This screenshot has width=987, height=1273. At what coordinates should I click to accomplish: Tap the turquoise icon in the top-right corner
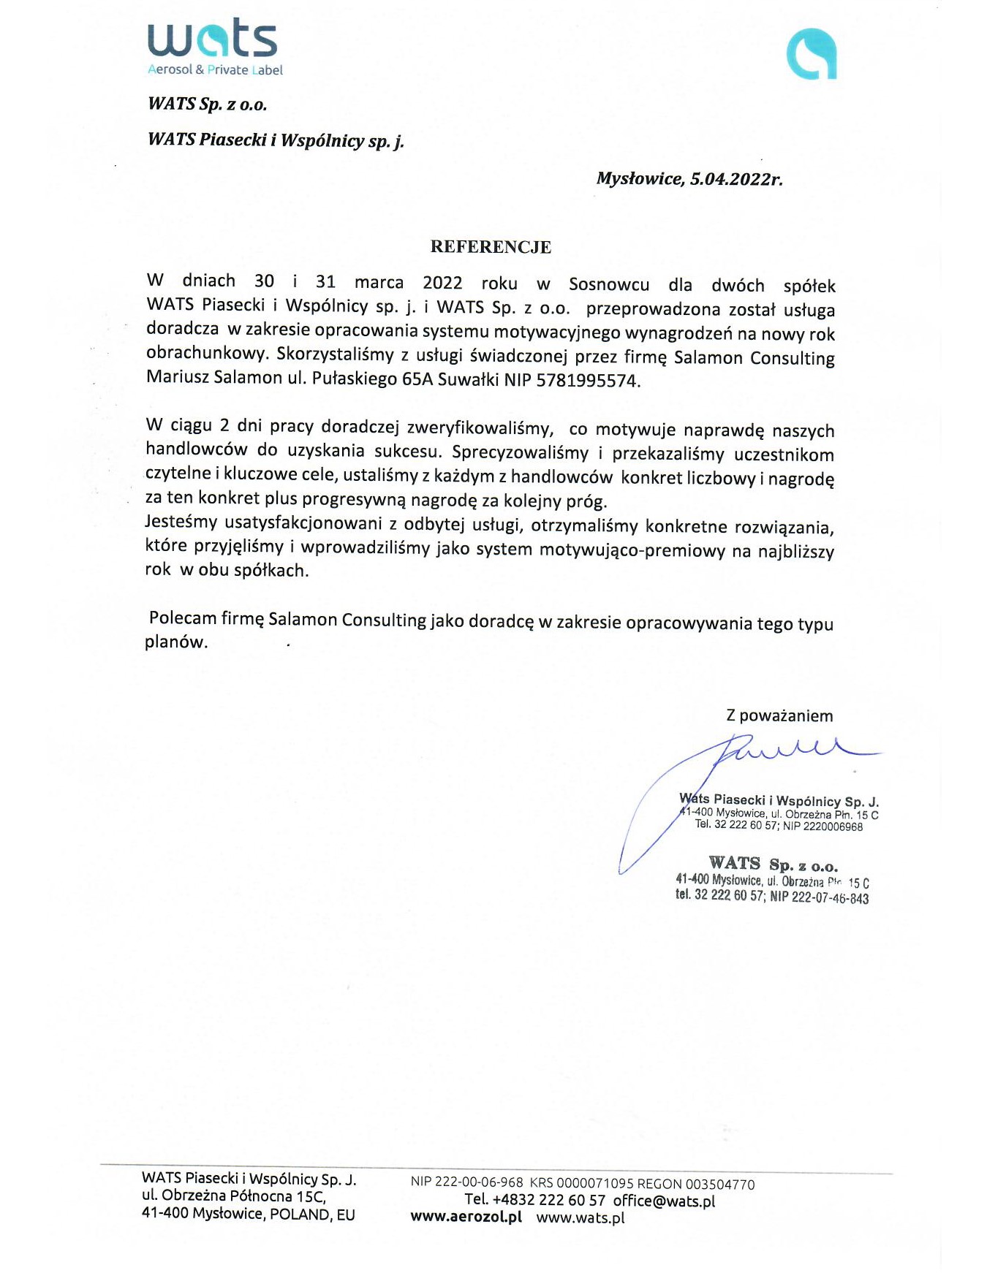(x=811, y=54)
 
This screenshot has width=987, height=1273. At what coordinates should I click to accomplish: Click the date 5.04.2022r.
(x=735, y=179)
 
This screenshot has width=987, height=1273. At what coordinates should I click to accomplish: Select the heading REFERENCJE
(x=491, y=247)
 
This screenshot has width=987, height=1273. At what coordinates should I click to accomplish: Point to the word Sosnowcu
(x=609, y=284)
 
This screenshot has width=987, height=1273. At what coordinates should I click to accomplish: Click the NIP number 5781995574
(x=587, y=381)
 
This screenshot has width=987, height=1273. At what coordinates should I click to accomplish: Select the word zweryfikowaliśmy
(x=480, y=428)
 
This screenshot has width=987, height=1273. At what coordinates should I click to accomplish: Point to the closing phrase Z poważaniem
(x=779, y=715)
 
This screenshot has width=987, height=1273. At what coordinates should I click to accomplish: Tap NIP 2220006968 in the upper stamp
(x=822, y=826)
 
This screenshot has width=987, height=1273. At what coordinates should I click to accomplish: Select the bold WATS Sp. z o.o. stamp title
(x=773, y=864)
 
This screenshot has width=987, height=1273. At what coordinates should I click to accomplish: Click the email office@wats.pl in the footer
(x=664, y=1201)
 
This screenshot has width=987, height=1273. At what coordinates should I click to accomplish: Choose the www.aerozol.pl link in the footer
(x=466, y=1217)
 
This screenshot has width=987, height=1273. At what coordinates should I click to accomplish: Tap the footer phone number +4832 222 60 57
(x=549, y=1201)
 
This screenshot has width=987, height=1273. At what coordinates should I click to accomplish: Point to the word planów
(x=176, y=642)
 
